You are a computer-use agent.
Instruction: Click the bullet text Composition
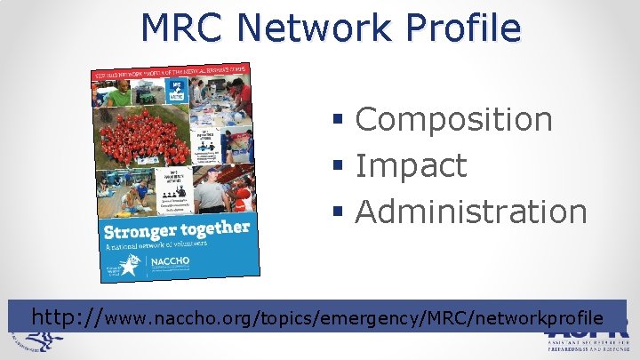(x=454, y=119)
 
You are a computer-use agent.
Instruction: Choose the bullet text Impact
(x=411, y=165)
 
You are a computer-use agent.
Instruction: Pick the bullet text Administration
(x=471, y=212)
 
